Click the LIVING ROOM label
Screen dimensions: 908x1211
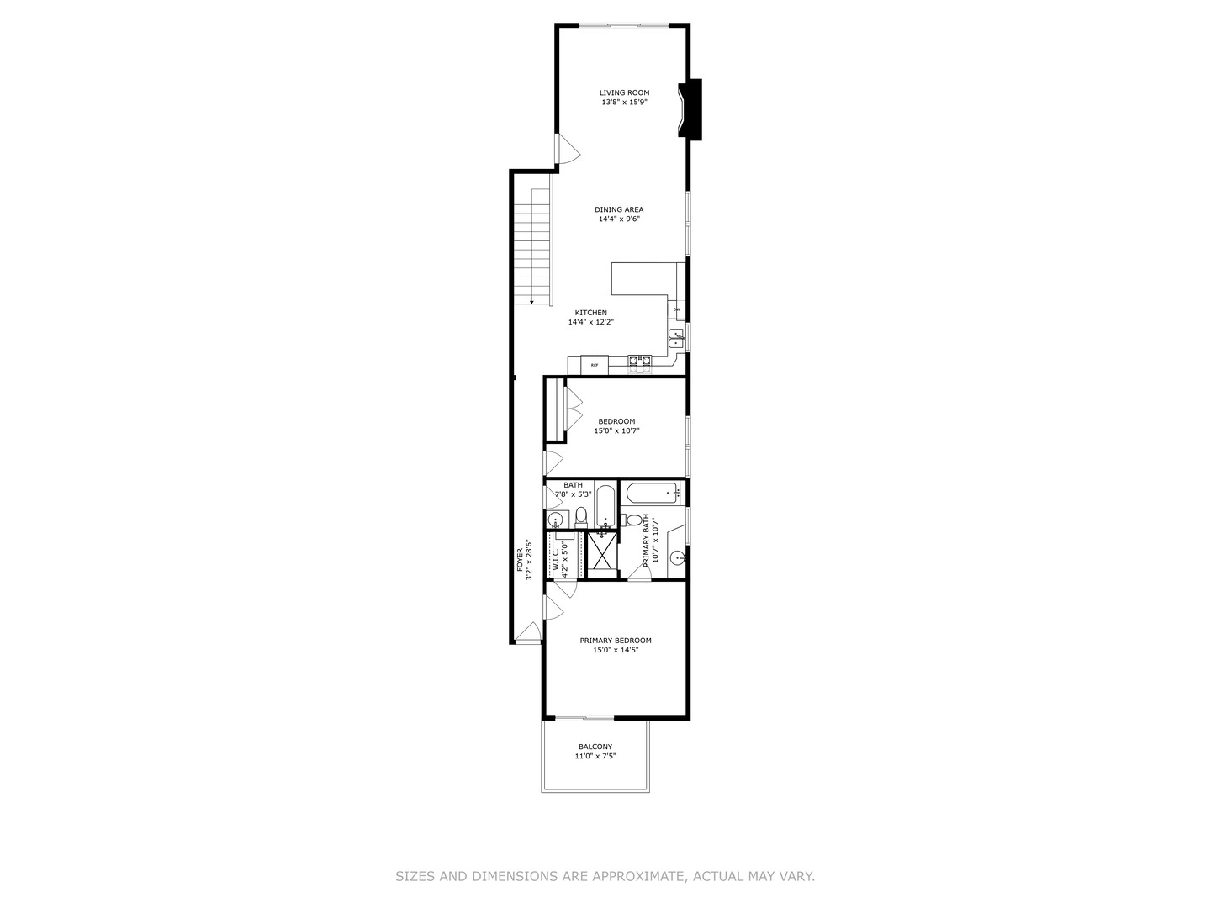[x=624, y=92]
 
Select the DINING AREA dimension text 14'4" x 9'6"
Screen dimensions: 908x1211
[x=619, y=219]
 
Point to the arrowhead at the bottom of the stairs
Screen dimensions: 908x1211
[x=531, y=301]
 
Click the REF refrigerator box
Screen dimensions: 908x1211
[x=595, y=365]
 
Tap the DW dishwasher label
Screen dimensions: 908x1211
[x=676, y=310]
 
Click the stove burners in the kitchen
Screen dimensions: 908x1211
[x=640, y=363]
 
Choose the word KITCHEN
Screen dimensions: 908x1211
[x=590, y=313]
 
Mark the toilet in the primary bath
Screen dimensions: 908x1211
[x=632, y=520]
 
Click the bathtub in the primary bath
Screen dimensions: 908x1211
[x=653, y=493]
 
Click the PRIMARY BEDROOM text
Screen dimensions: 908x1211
[x=616, y=641]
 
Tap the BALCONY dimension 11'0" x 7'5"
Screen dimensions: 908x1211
[x=595, y=757]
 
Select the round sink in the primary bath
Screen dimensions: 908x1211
[x=676, y=558]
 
